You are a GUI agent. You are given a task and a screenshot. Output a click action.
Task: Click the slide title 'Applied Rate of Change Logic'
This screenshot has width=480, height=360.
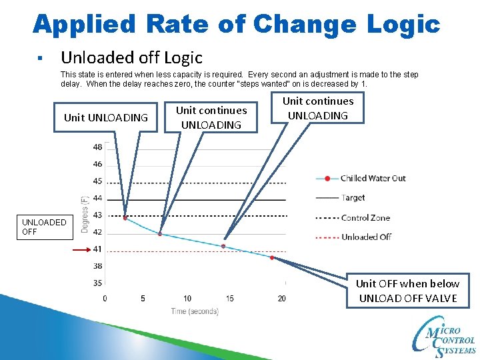pyautogui.click(x=237, y=25)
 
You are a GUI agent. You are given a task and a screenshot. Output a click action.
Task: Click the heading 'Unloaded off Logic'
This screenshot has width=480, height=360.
pyautogui.click(x=131, y=58)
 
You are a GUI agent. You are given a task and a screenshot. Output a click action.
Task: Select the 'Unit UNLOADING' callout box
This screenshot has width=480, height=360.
pyautogui.click(x=106, y=118)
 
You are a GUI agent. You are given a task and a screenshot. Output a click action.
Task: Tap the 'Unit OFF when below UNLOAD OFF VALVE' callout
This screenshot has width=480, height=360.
pyautogui.click(x=407, y=291)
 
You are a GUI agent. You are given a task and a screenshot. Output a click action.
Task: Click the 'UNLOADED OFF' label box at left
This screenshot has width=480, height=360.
pyautogui.click(x=44, y=227)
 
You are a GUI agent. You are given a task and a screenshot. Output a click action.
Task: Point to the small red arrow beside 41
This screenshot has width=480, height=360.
pyautogui.click(x=82, y=249)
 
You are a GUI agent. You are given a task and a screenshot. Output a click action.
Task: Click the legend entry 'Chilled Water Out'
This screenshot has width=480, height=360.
pyautogui.click(x=373, y=178)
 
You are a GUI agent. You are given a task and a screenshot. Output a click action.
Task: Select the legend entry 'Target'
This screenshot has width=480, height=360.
pyautogui.click(x=353, y=197)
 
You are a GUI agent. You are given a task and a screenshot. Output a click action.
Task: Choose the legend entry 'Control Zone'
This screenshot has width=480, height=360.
pyautogui.click(x=365, y=217)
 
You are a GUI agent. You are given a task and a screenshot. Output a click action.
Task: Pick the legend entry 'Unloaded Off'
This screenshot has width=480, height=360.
pyautogui.click(x=366, y=237)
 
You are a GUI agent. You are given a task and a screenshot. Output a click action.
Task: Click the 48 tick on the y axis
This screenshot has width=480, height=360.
pyautogui.click(x=97, y=147)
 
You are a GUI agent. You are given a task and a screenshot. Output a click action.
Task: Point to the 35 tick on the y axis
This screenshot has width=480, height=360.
pyautogui.click(x=97, y=283)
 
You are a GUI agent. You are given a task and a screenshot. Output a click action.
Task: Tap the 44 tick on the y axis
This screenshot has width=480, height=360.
pyautogui.click(x=97, y=198)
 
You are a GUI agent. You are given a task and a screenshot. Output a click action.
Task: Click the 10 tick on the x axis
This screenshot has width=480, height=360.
pyautogui.click(x=187, y=298)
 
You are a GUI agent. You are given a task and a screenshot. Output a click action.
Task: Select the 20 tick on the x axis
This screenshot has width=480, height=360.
pyautogui.click(x=281, y=298)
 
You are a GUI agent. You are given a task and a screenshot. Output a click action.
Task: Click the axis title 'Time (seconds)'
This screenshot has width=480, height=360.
pyautogui.click(x=195, y=311)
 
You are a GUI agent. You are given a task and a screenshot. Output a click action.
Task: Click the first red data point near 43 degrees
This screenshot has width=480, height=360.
pyautogui.click(x=125, y=217)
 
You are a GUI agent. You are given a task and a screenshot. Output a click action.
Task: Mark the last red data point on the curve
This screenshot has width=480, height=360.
pyautogui.click(x=272, y=257)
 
